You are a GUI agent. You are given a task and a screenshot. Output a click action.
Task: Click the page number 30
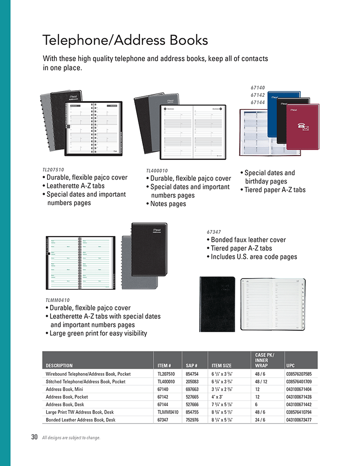(x=34, y=437)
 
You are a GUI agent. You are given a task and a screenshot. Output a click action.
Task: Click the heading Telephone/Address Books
(x=125, y=40)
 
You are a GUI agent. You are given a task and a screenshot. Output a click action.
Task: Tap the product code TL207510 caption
(x=53, y=170)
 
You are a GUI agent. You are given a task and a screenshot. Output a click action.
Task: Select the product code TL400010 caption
(x=157, y=171)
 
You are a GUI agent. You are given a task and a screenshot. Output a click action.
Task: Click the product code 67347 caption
(x=214, y=232)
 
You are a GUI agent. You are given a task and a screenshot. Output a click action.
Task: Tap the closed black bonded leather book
(x=217, y=304)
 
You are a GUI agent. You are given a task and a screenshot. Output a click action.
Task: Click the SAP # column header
(x=192, y=366)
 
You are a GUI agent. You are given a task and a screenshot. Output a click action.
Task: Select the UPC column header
(x=290, y=366)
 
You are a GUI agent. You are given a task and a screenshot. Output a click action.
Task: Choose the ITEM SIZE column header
(x=222, y=366)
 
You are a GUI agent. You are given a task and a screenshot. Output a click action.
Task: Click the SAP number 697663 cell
(x=192, y=389)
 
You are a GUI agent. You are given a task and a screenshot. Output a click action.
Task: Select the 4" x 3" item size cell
(x=218, y=397)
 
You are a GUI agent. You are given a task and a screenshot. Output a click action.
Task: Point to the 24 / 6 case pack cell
(x=261, y=420)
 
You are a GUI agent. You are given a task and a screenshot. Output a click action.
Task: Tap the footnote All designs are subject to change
(x=71, y=438)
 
